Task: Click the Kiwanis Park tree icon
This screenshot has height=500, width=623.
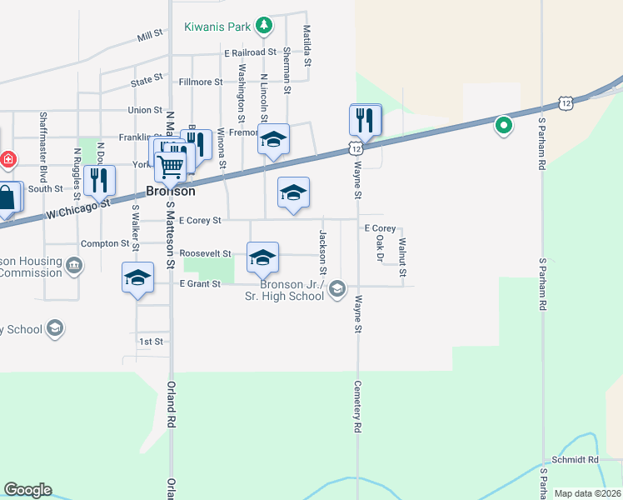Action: (x=264, y=26)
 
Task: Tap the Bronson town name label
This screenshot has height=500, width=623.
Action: (x=171, y=191)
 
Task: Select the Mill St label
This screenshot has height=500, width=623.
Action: (x=151, y=36)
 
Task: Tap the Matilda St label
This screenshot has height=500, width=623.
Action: (x=307, y=46)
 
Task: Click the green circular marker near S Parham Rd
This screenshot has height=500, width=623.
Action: (x=503, y=126)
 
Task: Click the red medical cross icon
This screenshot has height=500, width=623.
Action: (x=7, y=158)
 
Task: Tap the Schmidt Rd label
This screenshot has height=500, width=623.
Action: (x=576, y=459)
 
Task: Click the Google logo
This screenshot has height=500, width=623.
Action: (x=27, y=490)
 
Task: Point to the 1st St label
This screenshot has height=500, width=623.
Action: (x=151, y=342)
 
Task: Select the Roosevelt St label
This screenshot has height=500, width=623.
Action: (x=204, y=252)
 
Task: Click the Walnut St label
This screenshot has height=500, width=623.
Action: (x=402, y=257)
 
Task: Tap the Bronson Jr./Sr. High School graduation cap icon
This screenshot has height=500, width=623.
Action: (x=336, y=289)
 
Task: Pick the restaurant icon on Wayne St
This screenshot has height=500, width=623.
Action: (x=365, y=120)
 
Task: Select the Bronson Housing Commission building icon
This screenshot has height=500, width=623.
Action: (x=74, y=266)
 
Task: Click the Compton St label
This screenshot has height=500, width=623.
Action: (x=105, y=243)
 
